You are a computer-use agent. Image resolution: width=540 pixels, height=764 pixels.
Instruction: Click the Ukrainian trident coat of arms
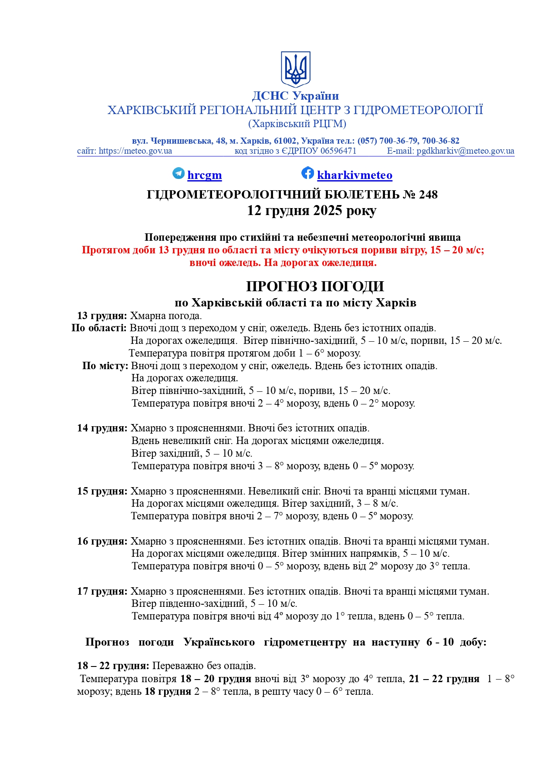pyautogui.click(x=295, y=69)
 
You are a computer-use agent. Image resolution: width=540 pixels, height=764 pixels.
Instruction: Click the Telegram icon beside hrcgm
pyautogui.click(x=179, y=173)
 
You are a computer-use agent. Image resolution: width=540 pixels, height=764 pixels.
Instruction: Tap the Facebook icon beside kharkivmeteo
pyautogui.click(x=307, y=173)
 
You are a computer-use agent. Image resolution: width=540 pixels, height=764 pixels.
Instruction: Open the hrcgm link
pyautogui.click(x=204, y=175)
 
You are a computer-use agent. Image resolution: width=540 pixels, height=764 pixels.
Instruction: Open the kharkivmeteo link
pyautogui.click(x=354, y=175)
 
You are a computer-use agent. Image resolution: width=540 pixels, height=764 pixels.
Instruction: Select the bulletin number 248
pyautogui.click(x=428, y=195)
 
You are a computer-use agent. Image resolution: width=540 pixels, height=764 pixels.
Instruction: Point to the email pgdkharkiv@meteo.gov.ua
pyautogui.click(x=465, y=151)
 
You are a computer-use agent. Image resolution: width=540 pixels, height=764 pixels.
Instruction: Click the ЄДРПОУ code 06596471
pyautogui.click(x=338, y=151)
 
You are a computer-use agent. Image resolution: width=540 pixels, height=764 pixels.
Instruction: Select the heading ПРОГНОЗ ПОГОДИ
pyautogui.click(x=315, y=286)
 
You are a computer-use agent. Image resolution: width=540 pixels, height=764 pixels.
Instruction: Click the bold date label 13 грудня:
pyautogui.click(x=102, y=316)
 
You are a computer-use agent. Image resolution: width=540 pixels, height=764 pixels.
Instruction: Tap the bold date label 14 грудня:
pyautogui.click(x=102, y=428)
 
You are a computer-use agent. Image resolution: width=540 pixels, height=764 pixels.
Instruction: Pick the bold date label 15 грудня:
pyautogui.click(x=102, y=491)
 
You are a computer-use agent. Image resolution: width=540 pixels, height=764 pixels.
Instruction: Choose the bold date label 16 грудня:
pyautogui.click(x=102, y=541)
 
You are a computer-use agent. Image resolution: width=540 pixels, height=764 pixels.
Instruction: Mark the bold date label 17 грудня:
pyautogui.click(x=102, y=591)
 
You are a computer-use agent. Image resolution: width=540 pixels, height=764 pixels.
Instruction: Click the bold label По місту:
pyautogui.click(x=105, y=366)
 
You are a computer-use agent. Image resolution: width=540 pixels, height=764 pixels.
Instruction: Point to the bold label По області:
pyautogui.click(x=99, y=328)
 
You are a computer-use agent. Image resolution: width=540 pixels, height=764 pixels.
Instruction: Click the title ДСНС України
pyautogui.click(x=295, y=96)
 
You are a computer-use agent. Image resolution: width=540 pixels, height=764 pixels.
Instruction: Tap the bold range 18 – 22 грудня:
pyautogui.click(x=113, y=666)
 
